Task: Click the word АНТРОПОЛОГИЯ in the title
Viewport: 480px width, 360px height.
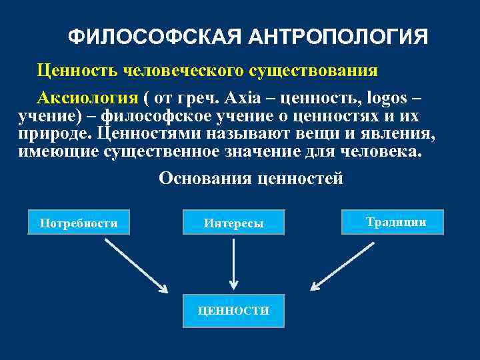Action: tap(336, 37)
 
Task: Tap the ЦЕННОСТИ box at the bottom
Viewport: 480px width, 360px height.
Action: tap(233, 311)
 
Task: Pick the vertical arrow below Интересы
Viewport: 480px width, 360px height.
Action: tap(233, 264)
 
